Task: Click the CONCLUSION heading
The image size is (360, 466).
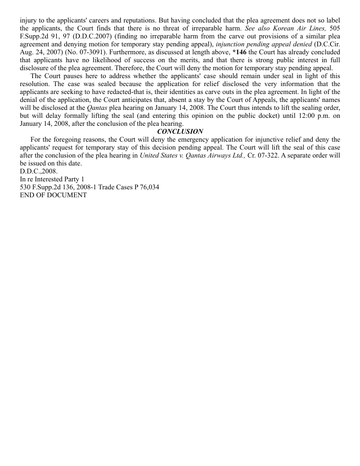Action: (180, 132)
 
